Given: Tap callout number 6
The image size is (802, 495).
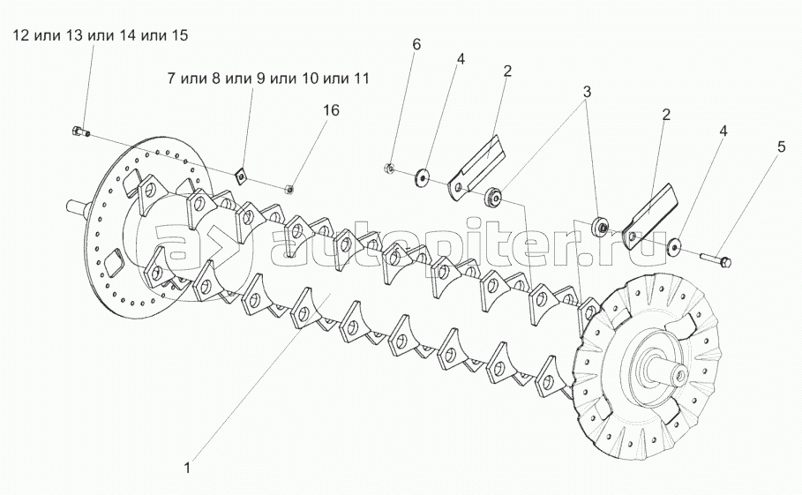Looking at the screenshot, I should coord(416,44).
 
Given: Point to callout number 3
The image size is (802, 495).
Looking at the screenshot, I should coord(586,92).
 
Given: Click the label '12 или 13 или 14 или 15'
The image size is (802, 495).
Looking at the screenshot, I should coord(100,36).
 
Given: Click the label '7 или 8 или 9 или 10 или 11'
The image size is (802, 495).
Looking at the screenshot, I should coord(267,79).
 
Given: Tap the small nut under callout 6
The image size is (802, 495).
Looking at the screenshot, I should coord(389,168).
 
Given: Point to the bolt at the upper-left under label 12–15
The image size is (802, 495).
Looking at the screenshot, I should coord(77,132).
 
